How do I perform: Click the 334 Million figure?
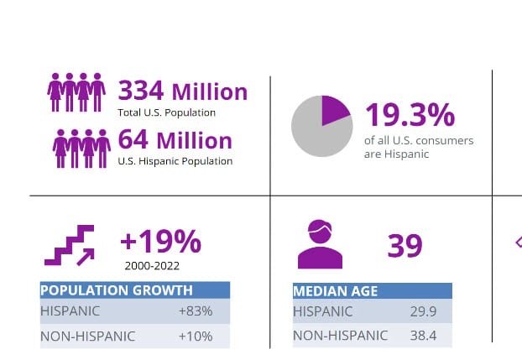[182, 91]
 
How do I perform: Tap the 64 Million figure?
[175, 139]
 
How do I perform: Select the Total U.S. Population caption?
[166, 112]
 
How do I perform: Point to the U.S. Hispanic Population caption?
[175, 160]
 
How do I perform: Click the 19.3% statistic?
[409, 115]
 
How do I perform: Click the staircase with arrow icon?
[69, 245]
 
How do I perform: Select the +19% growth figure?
[160, 242]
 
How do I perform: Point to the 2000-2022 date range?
[152, 265]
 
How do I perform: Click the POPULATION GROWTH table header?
[117, 290]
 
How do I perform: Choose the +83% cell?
[195, 311]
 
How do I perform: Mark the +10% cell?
[195, 337]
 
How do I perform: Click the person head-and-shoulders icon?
[320, 244]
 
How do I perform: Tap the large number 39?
[405, 246]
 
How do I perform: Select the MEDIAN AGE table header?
[336, 291]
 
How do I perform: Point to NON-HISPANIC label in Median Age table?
[340, 336]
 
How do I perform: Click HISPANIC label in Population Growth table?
[70, 311]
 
